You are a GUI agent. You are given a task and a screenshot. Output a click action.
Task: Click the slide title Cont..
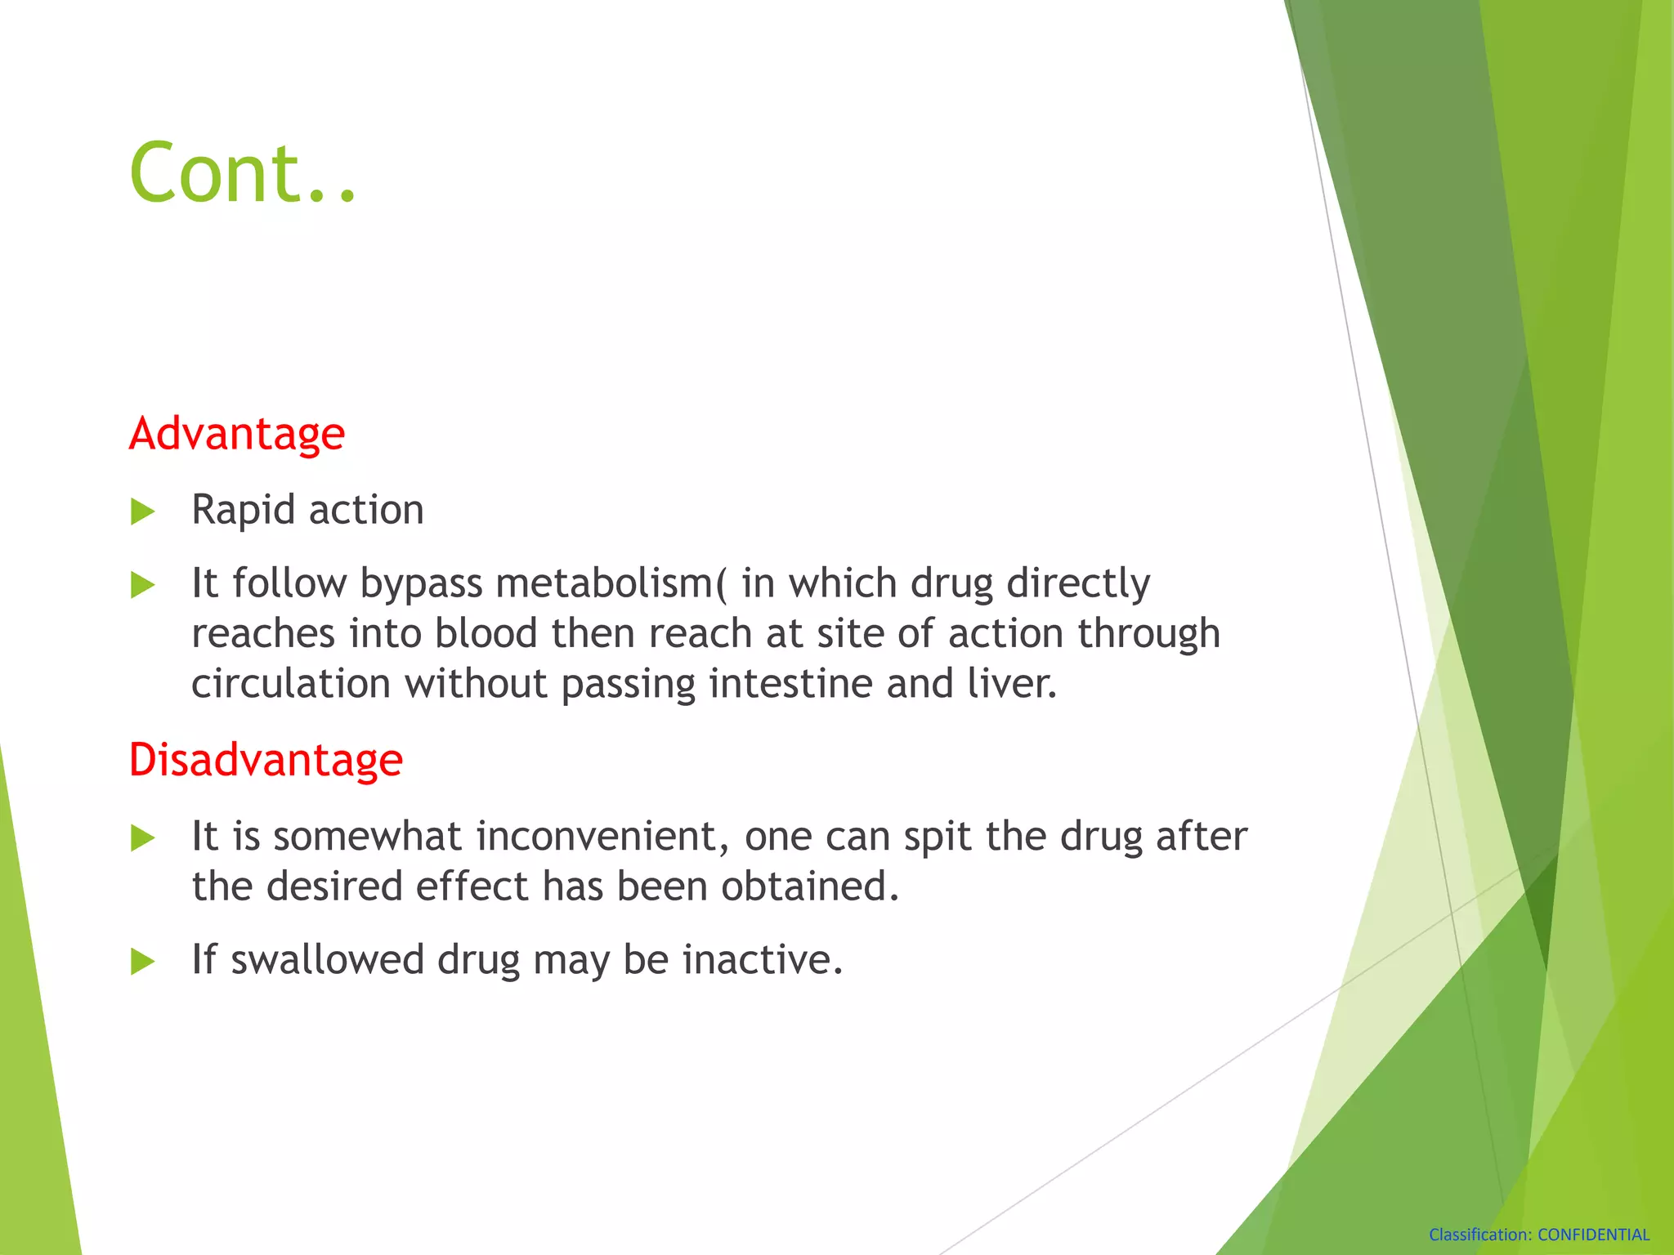[x=243, y=172]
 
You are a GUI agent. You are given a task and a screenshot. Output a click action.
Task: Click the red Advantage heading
[x=237, y=433]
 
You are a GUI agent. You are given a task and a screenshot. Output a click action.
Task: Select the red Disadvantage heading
[x=266, y=760]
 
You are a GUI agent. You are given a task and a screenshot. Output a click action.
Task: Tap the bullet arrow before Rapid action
[x=142, y=512]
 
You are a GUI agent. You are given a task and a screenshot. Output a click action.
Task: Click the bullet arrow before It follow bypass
[x=142, y=585]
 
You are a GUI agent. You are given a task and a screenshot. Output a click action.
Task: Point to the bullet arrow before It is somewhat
[x=142, y=838]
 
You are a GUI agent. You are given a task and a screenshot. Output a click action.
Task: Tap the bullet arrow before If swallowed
[x=142, y=962]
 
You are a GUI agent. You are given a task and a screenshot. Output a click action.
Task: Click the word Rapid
[x=243, y=511]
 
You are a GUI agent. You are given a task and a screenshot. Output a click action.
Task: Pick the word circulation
[x=290, y=684]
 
